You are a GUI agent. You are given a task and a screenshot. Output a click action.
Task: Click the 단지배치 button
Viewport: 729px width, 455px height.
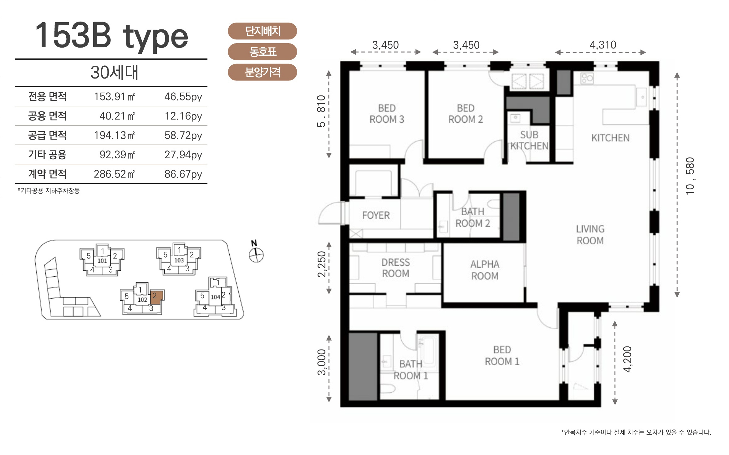[262, 31]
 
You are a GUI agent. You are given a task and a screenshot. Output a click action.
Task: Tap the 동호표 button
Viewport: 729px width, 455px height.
[262, 52]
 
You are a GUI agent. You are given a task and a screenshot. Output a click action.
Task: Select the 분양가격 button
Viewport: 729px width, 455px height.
[262, 72]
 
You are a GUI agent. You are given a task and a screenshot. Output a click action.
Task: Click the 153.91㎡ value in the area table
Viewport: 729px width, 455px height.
[115, 96]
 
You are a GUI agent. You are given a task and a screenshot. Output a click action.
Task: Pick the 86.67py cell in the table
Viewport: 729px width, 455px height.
[183, 174]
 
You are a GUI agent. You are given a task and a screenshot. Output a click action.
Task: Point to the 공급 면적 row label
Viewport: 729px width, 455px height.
[47, 135]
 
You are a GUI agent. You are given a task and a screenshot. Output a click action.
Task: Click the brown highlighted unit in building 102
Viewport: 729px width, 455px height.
[156, 297]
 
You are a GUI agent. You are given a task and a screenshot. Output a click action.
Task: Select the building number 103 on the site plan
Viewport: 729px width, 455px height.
[179, 260]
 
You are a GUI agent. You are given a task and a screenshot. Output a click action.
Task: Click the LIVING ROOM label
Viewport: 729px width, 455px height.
[590, 235]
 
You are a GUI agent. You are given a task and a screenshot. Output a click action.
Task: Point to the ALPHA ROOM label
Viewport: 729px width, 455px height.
[485, 270]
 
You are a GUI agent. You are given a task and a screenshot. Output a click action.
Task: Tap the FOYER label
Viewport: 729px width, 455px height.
[376, 215]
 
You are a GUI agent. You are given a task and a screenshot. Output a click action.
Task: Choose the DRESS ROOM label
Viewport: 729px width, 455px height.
[395, 268]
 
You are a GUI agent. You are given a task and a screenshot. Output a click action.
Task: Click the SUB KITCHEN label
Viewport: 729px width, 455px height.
[529, 140]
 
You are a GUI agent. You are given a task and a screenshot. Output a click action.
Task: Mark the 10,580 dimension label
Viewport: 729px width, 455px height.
[690, 176]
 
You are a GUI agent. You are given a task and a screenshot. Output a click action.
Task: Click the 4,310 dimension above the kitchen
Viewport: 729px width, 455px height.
[603, 45]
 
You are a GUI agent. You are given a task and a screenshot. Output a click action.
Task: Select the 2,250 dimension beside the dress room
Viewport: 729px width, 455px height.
[322, 264]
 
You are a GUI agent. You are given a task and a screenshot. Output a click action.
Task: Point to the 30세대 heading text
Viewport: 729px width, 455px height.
[114, 73]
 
